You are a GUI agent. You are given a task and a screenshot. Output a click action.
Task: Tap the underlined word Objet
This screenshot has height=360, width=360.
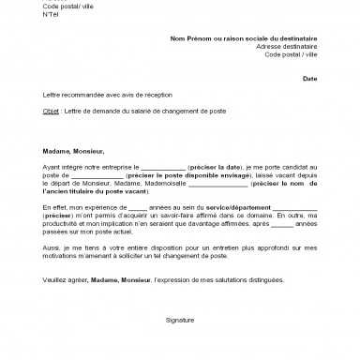click(50, 111)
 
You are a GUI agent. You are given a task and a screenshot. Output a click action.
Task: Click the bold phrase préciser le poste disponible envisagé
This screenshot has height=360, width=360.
click(167, 174)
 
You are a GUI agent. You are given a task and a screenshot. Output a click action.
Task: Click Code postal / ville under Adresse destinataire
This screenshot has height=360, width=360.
click(292, 54)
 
